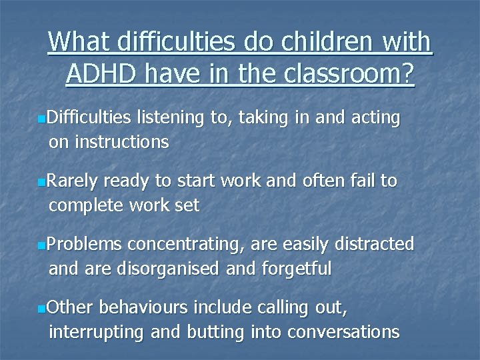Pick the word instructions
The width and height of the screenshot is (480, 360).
(122, 141)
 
